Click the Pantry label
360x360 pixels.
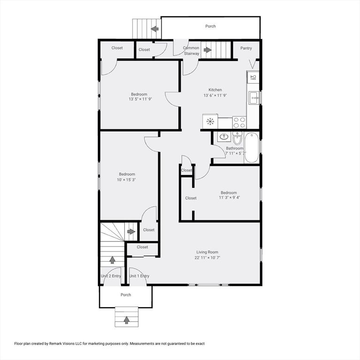click(246, 48)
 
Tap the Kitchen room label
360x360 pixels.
click(212, 90)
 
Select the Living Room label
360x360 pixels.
click(207, 252)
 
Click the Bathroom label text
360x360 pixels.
click(235, 148)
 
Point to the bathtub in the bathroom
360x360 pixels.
click(251, 147)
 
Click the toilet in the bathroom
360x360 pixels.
click(237, 139)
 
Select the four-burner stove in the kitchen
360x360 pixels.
click(239, 122)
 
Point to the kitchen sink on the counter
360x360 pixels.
click(253, 98)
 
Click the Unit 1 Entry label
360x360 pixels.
click(139, 276)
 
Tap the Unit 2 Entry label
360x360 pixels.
click(111, 276)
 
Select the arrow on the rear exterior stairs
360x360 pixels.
click(154, 29)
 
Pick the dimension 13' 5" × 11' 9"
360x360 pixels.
click(140, 99)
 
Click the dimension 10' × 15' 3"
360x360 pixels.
click(127, 180)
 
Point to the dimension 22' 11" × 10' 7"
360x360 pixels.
click(207, 258)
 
